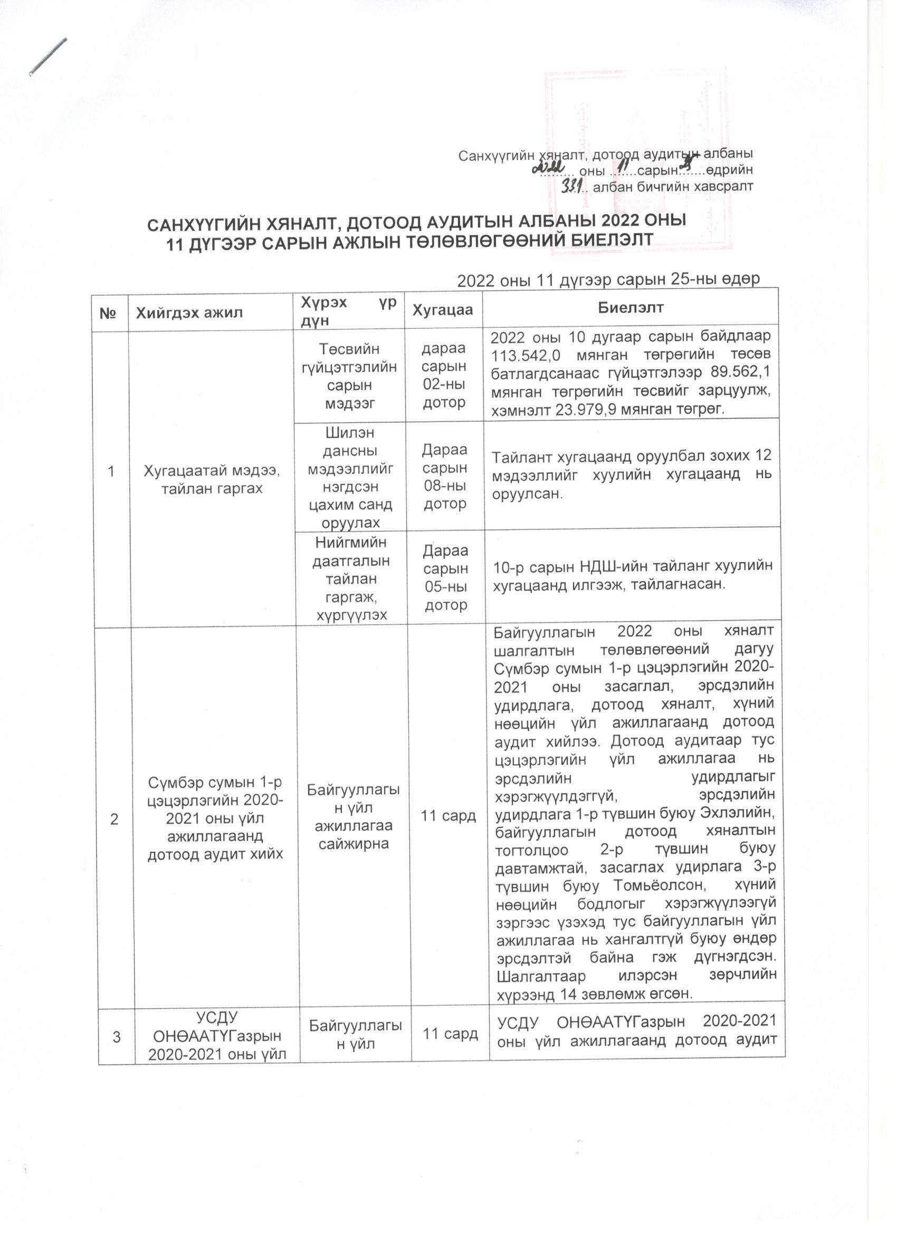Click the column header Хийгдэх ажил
(189, 313)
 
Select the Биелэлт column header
(631, 307)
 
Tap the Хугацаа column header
(442, 310)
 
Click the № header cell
(109, 313)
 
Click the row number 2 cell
(114, 818)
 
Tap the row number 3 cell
(117, 1037)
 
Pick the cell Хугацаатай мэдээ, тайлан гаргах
(212, 479)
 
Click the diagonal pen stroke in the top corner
(48, 56)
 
